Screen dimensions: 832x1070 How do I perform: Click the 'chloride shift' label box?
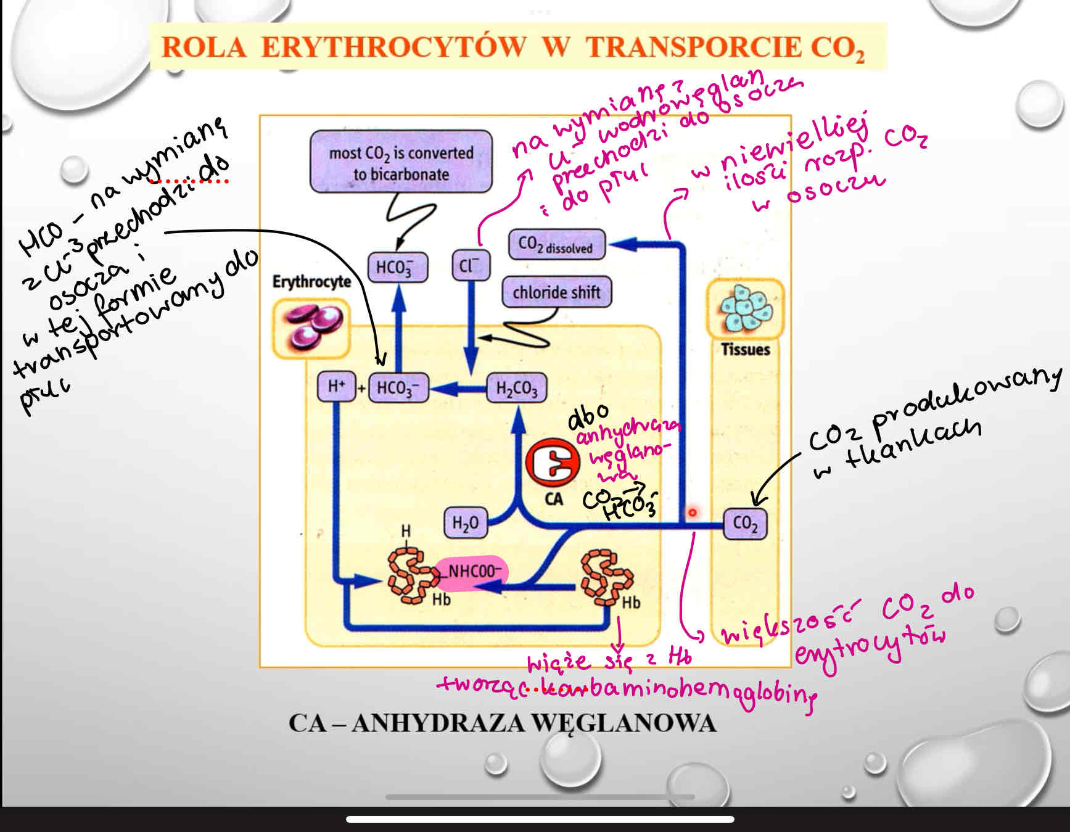click(556, 292)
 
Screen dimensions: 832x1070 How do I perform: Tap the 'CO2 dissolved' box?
click(556, 245)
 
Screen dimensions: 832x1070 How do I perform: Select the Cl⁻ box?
click(470, 266)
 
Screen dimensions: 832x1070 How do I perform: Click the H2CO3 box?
click(516, 389)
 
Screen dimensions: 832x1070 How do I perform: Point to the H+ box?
click(336, 387)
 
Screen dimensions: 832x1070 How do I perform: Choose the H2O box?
click(466, 523)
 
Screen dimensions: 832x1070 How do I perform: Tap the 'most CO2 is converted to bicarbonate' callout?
click(401, 162)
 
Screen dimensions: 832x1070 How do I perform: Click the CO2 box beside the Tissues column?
click(745, 524)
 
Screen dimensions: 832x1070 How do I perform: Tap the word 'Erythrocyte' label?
click(311, 282)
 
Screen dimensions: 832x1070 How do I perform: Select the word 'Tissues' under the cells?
click(745, 350)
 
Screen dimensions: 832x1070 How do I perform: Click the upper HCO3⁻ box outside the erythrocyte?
click(398, 267)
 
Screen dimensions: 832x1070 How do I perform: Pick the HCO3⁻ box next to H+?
click(398, 388)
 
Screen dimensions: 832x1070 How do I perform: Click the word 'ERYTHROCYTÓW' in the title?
click(394, 47)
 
